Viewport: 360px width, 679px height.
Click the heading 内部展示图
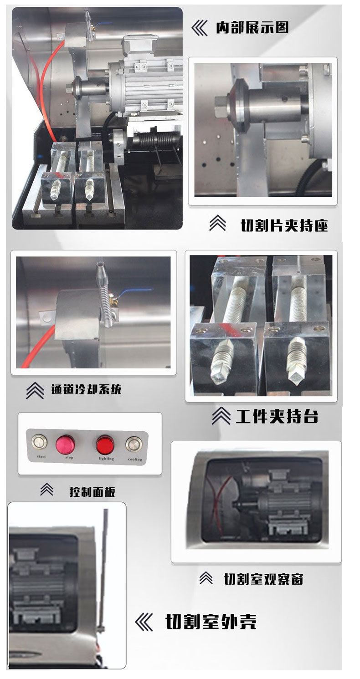(x=252, y=28)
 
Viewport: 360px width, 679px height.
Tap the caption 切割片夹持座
(x=284, y=225)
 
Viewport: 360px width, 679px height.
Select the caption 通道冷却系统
(x=86, y=389)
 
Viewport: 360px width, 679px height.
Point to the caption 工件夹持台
(x=277, y=416)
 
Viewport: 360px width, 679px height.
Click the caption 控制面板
(x=92, y=491)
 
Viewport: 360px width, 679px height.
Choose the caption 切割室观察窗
(x=263, y=579)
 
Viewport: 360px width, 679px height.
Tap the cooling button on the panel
(x=134, y=444)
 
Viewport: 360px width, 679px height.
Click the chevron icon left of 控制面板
(x=46, y=490)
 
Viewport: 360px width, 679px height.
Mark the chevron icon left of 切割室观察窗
(x=206, y=578)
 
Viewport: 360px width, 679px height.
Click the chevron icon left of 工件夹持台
(x=221, y=415)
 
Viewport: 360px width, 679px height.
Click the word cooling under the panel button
(x=135, y=459)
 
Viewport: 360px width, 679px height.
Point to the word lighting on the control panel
(x=106, y=459)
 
